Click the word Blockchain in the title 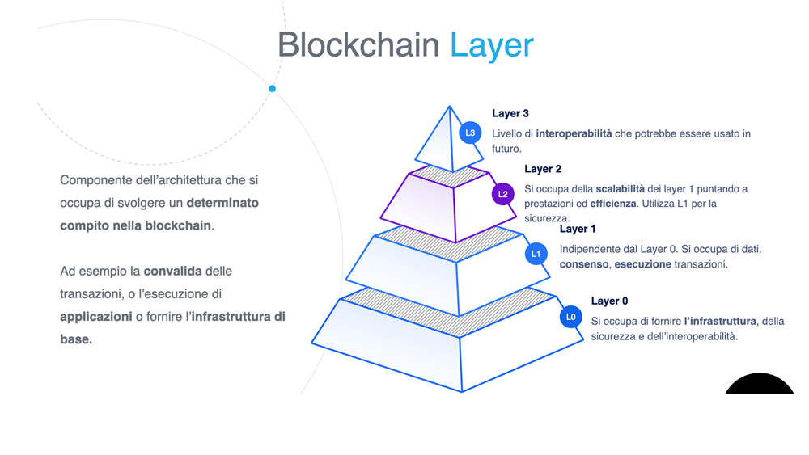point(358,44)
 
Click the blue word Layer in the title point(492,46)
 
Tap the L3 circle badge point(470,133)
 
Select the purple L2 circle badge point(502,194)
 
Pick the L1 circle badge point(536,254)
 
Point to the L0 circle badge point(570,317)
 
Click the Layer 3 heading point(510,113)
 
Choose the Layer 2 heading point(543,169)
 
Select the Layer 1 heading point(578,229)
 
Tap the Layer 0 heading point(609,301)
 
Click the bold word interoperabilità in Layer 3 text point(574,134)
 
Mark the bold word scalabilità point(621,189)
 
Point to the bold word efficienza point(613,204)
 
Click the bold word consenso point(584,264)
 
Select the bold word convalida point(173,271)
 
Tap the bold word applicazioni point(96,317)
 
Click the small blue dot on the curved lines point(272,89)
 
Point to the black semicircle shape point(760,384)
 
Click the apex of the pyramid point(449,107)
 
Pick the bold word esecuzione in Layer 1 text point(643,264)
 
